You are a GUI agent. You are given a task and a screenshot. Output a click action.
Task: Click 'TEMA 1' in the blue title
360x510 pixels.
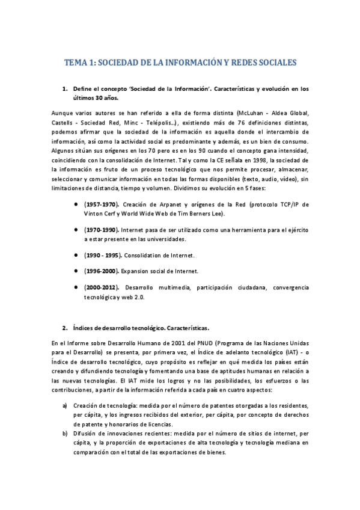(x=79, y=63)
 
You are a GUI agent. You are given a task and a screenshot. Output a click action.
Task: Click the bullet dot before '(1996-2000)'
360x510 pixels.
(x=76, y=271)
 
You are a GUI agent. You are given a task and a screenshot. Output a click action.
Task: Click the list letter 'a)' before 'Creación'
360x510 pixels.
(x=65, y=405)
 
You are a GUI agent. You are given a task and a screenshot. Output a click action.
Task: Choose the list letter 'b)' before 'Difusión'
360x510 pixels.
(x=65, y=434)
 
